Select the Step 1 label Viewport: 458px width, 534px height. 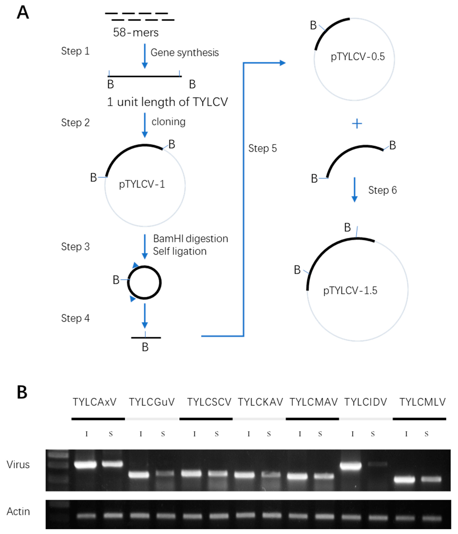pos(75,51)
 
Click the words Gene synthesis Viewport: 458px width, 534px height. pos(184,53)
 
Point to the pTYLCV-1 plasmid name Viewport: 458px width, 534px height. pos(142,184)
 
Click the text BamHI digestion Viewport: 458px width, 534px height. pos(190,239)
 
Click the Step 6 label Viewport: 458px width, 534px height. pos(382,190)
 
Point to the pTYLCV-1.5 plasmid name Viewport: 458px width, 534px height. pos(350,290)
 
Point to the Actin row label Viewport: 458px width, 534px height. pos(18,512)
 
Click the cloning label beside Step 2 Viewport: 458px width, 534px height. pos(168,122)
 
